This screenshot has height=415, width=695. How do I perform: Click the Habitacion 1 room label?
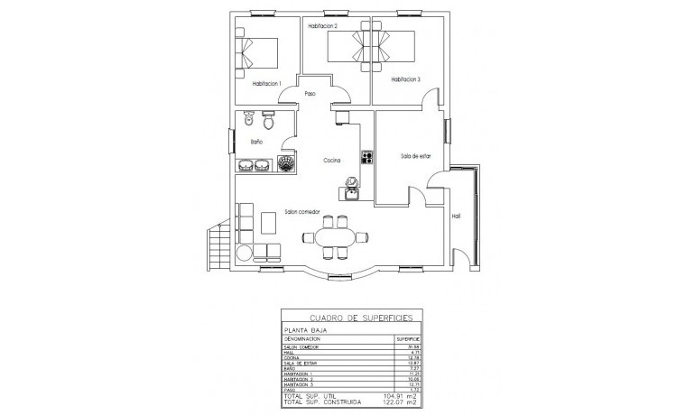[262, 84]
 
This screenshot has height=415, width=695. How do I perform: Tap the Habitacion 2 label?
[322, 27]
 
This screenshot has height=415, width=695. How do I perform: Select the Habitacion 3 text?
[405, 79]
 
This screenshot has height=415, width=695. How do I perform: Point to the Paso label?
[310, 94]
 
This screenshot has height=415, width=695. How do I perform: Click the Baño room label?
[255, 142]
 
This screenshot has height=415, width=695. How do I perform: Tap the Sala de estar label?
[416, 156]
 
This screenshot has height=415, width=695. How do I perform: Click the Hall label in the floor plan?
[456, 217]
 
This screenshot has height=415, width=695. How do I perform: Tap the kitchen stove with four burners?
[367, 157]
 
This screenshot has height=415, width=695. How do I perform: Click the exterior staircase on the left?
[217, 247]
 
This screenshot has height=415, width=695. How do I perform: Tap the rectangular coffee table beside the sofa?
[269, 223]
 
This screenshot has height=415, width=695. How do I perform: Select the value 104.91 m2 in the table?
[398, 396]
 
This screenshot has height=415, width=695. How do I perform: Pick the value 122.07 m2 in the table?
[398, 402]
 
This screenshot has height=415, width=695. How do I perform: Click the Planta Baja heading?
[303, 331]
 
